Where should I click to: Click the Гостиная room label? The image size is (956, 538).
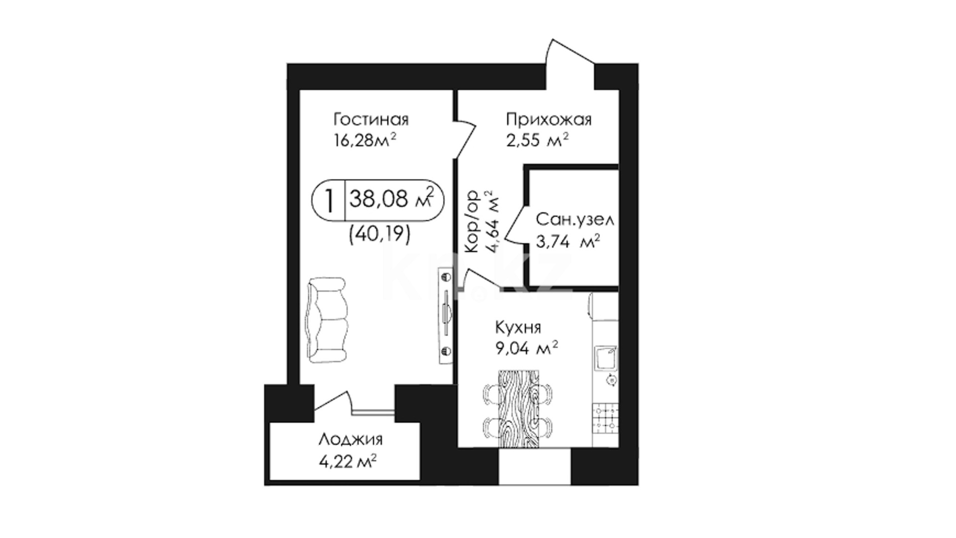click(x=371, y=120)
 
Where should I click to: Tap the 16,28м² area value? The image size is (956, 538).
click(x=365, y=140)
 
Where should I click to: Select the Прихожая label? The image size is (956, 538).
click(x=549, y=120)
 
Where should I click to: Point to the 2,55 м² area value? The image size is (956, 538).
click(x=537, y=140)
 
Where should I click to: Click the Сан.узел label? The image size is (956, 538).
click(x=575, y=220)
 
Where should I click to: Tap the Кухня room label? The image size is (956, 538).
click(x=518, y=328)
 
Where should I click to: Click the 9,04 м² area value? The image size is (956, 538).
click(x=526, y=348)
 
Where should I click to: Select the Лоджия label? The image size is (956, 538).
click(x=351, y=439)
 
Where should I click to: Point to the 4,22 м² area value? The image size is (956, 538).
click(x=348, y=462)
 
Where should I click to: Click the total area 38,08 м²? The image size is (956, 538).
click(x=391, y=200)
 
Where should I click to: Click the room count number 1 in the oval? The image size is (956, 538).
click(x=329, y=200)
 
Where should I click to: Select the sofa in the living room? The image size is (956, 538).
click(x=327, y=320)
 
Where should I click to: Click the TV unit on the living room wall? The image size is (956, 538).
click(x=446, y=316)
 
